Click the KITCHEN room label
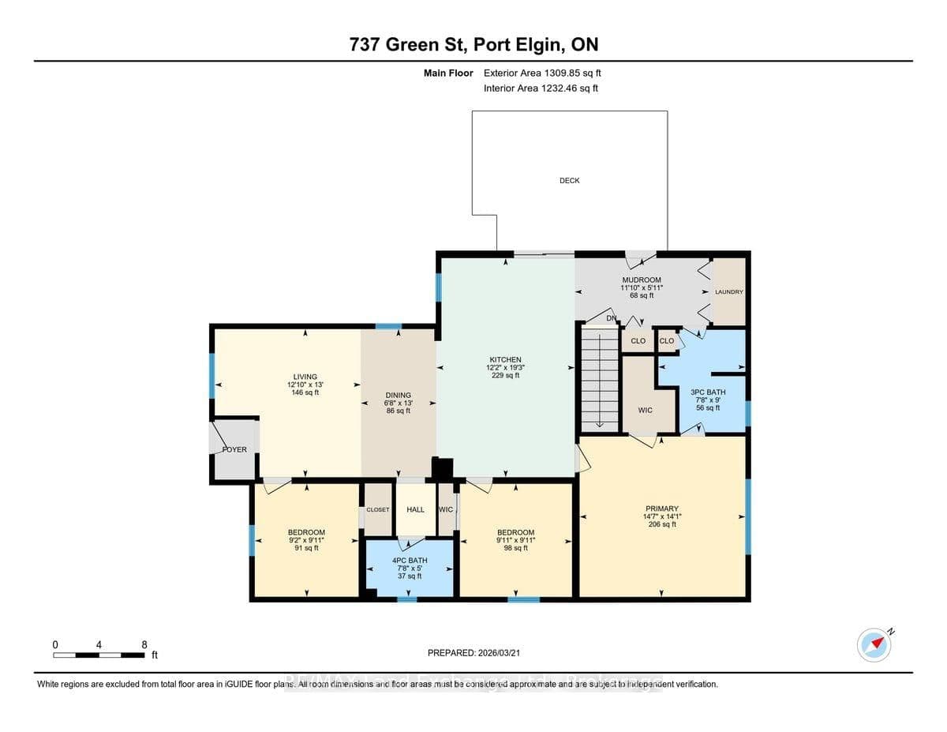click(x=505, y=360)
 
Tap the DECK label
click(x=569, y=181)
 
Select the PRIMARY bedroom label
click(x=661, y=509)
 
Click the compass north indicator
click(x=874, y=644)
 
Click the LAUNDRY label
click(x=728, y=292)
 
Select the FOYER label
click(x=234, y=450)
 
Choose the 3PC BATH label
click(x=707, y=392)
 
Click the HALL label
click(x=415, y=510)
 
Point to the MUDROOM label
click(x=642, y=280)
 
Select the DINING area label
click(x=398, y=396)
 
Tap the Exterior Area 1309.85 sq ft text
click(x=548, y=73)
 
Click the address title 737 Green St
click(x=473, y=45)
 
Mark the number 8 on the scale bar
click(x=144, y=645)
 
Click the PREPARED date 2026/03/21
click(x=473, y=653)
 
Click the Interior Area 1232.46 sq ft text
click(x=541, y=88)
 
